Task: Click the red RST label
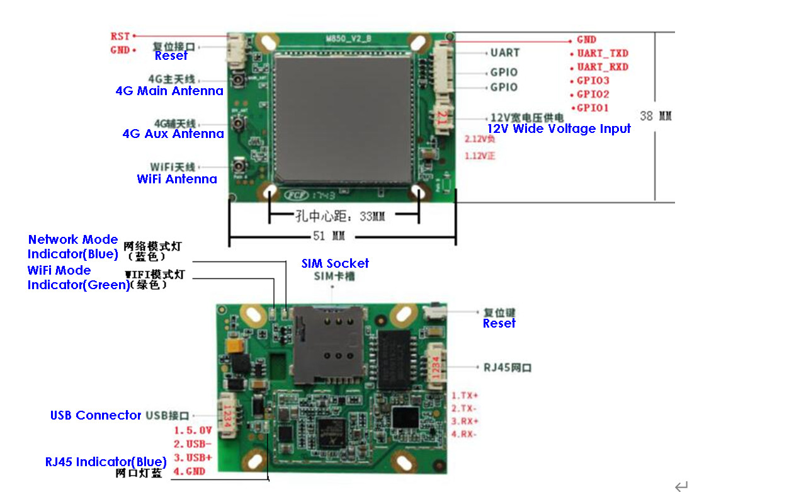120,37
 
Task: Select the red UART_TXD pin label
603,54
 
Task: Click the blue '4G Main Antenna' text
169,91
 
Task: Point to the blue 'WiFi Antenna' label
176,179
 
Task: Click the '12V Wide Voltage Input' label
559,129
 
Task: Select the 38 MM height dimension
656,117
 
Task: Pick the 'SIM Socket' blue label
335,263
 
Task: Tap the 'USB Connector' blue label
96,415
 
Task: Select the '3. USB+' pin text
193,457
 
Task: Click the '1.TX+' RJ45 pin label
465,396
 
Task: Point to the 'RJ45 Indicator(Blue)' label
106,462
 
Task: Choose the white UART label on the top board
505,53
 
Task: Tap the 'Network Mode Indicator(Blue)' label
73,247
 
